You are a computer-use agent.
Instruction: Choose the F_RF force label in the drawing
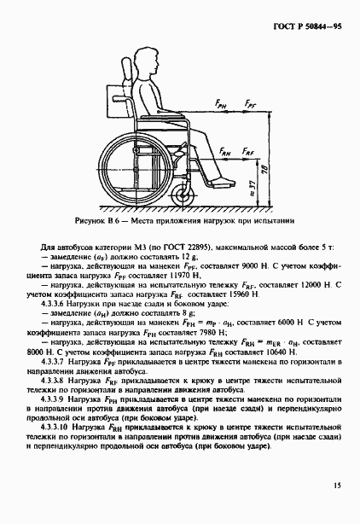[247, 151]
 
